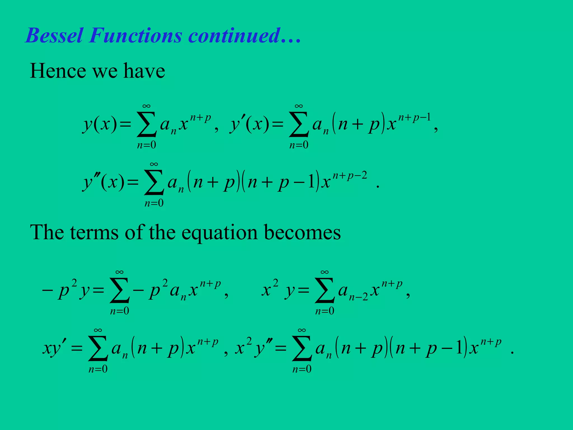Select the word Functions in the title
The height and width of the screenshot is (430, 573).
coord(136,36)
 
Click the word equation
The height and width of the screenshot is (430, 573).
coord(219,233)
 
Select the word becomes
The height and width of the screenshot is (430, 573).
coord(302,233)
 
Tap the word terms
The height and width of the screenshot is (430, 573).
coord(94,233)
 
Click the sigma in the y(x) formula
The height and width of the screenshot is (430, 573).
coord(146,125)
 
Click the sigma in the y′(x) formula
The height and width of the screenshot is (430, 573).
coord(299,125)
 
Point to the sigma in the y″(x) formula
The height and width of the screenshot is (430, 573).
coord(154,183)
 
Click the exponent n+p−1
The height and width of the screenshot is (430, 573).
coord(414,118)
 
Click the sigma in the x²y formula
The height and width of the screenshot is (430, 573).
coord(325,291)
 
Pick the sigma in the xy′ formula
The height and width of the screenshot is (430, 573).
coord(98,349)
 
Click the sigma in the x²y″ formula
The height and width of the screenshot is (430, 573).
coord(302,349)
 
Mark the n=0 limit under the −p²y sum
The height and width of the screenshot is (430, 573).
coord(119,311)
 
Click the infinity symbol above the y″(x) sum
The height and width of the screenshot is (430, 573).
coord(154,164)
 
